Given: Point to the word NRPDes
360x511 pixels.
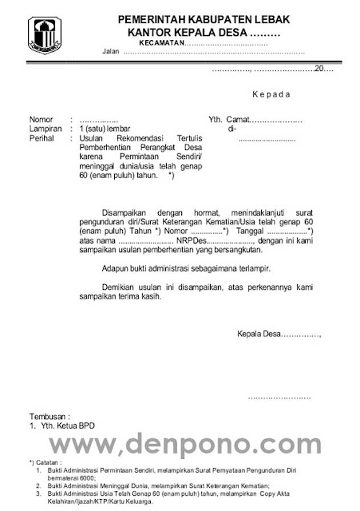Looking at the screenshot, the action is (196, 240).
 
